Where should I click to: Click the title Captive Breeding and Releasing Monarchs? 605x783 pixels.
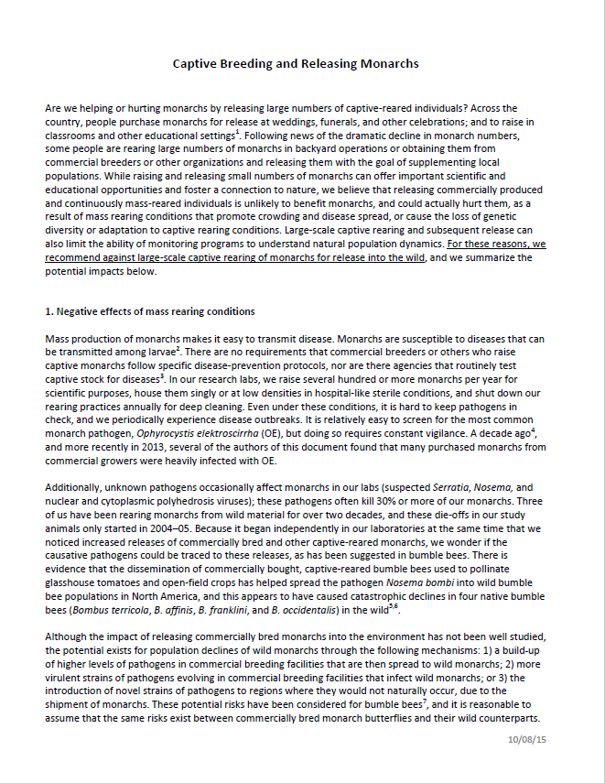(296, 64)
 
